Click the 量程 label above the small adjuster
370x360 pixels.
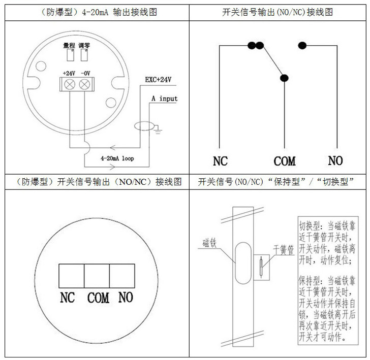click(x=69, y=45)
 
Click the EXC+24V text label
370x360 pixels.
click(x=158, y=80)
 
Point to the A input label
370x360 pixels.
click(x=164, y=98)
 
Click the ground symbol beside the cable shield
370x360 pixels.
click(x=158, y=132)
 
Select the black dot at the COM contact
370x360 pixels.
click(x=284, y=78)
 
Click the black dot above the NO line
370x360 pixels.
click(x=303, y=46)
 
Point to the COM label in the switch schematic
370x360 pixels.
click(x=284, y=161)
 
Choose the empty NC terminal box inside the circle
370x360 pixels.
click(x=72, y=276)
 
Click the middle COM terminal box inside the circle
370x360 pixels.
click(x=97, y=276)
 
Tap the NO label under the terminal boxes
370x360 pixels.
click(x=126, y=297)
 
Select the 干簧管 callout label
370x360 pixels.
click(x=284, y=250)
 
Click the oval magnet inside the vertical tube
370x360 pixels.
click(x=242, y=260)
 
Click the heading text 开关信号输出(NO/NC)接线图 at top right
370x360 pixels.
click(x=277, y=12)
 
